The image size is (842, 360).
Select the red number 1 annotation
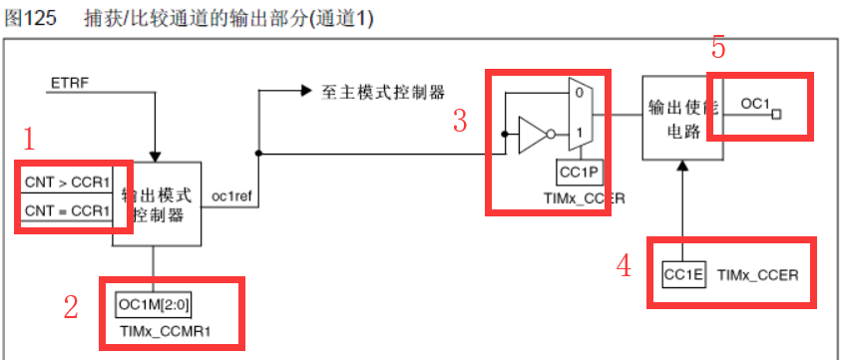29,139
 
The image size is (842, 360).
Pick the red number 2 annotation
71,307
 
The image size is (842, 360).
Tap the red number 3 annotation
460,121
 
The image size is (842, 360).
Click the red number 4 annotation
624,265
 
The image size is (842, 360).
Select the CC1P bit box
580,172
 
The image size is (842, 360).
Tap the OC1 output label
755,104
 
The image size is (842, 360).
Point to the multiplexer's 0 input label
578,91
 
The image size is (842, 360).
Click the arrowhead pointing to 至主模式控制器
305,90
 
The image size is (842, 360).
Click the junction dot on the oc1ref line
259,154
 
